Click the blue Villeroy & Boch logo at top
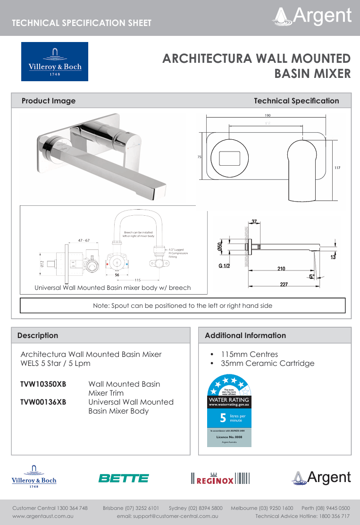point(54,61)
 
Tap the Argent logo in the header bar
point(312,16)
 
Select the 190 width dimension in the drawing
point(268,115)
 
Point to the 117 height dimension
point(337,168)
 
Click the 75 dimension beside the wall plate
point(199,156)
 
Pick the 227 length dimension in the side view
point(283,285)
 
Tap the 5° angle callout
point(311,277)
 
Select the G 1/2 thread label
point(224,266)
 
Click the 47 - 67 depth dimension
point(84,240)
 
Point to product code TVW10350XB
point(43,384)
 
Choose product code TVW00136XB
point(43,402)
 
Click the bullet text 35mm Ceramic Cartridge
point(267,363)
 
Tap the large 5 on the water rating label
point(222,418)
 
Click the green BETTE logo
point(123,478)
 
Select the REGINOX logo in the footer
point(219,479)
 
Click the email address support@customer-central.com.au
point(167,517)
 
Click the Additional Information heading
point(245,336)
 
